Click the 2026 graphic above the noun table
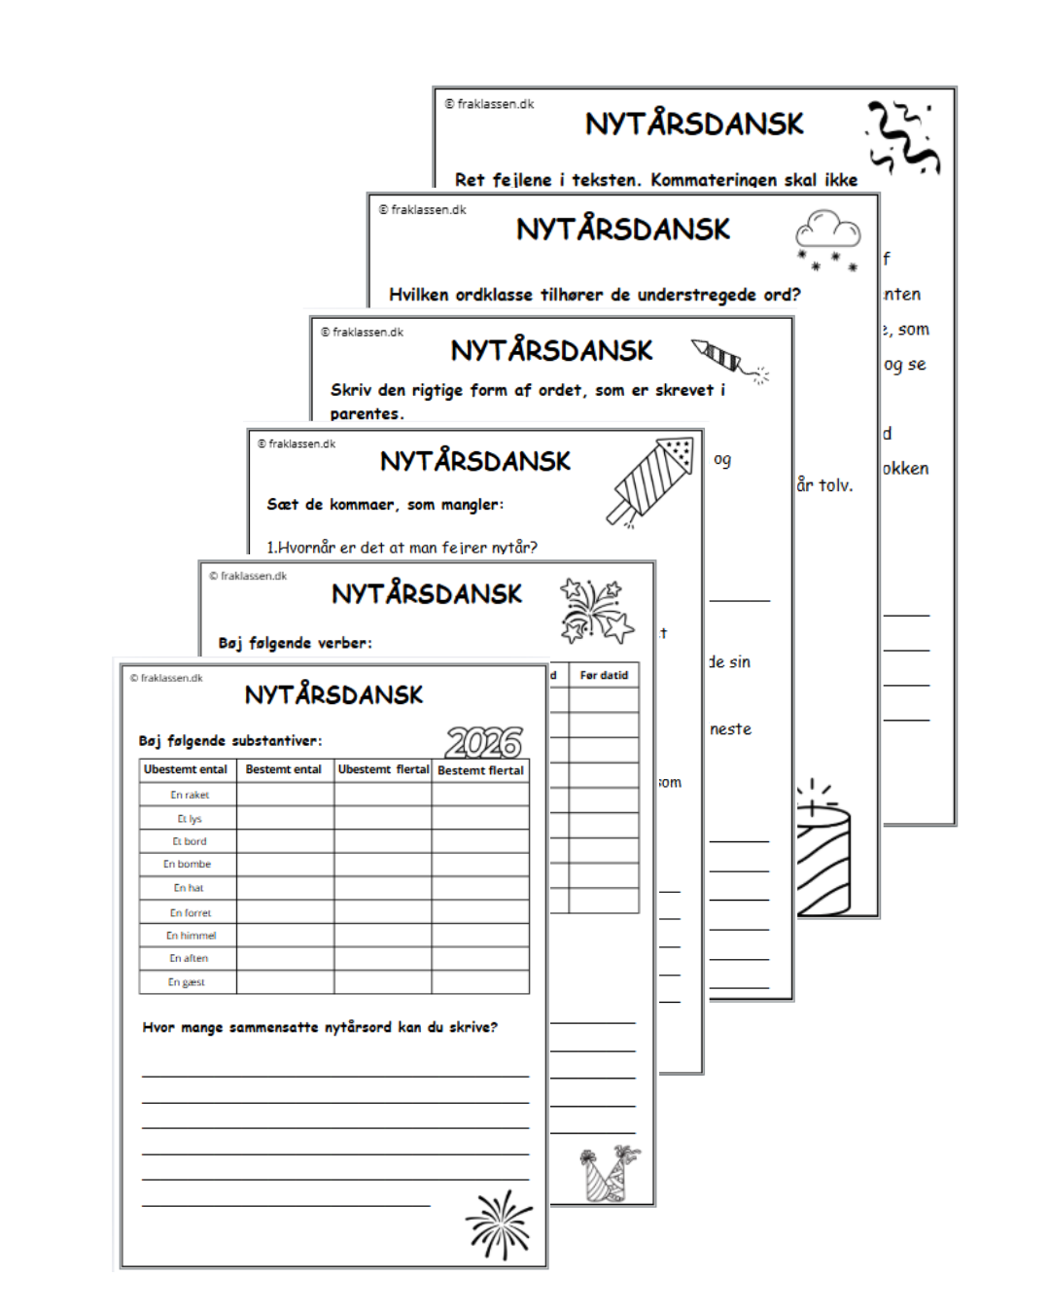[484, 743]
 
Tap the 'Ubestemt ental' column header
[186, 769]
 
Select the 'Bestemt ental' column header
[283, 769]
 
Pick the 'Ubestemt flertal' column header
[383, 769]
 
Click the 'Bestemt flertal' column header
[480, 770]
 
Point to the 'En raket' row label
[190, 795]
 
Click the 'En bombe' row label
[187, 864]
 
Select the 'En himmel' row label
[191, 936]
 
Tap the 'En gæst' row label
[187, 982]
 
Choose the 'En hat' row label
[189, 888]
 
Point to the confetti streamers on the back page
[903, 136]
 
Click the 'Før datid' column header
[604, 675]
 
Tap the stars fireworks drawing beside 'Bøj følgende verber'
[594, 611]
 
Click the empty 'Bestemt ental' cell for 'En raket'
[285, 795]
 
